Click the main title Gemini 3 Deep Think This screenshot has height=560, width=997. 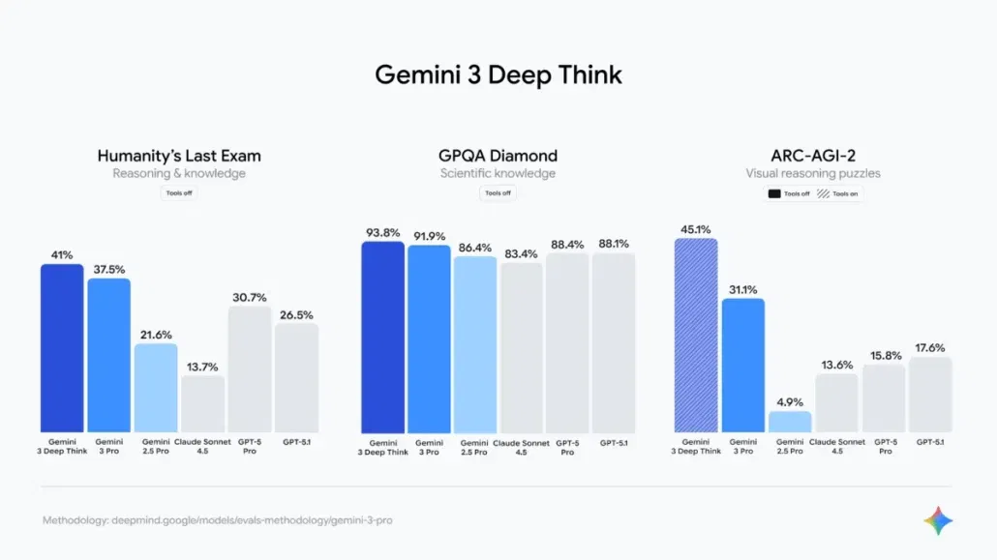tap(498, 74)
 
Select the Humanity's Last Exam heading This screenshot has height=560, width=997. tap(179, 155)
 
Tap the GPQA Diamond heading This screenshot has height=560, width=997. tap(498, 155)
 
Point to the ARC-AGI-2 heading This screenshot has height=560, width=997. tap(812, 155)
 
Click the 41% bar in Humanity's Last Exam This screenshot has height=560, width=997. tap(62, 348)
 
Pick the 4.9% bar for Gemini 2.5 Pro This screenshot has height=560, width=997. tap(790, 422)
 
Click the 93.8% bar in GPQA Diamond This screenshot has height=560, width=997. tap(383, 338)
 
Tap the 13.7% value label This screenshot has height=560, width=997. tap(202, 366)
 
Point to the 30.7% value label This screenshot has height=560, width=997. tap(250, 297)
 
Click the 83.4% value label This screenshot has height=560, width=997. tap(522, 253)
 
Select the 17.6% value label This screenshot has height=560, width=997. tap(930, 348)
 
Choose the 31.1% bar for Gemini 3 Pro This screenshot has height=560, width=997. tap(742, 366)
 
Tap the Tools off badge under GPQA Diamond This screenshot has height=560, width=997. tap(498, 193)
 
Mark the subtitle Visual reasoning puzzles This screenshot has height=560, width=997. tap(812, 174)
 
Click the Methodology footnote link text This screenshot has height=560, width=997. tap(217, 520)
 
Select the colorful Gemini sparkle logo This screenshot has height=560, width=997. tap(937, 521)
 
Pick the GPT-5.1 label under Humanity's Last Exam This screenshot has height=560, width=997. tap(296, 442)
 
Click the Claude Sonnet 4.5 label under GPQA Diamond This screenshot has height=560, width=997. tap(522, 447)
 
